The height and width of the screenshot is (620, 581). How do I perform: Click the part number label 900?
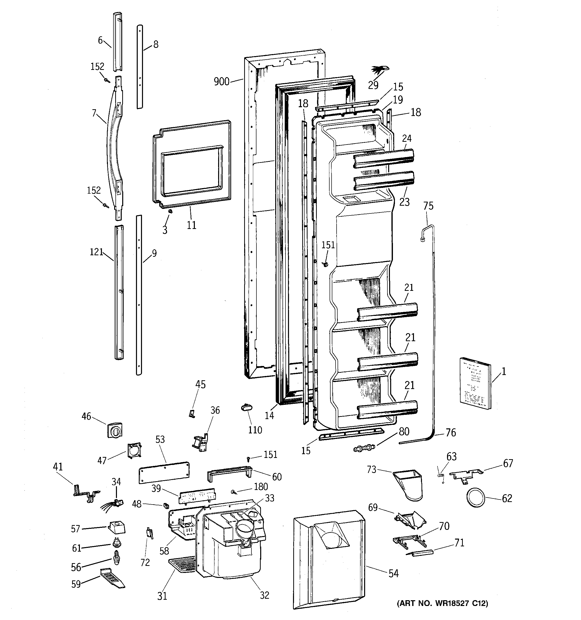click(221, 82)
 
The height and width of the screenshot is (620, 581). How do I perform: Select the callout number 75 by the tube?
click(428, 206)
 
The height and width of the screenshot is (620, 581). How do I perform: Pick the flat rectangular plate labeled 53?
click(164, 472)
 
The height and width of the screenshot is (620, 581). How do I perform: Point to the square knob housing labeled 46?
click(114, 430)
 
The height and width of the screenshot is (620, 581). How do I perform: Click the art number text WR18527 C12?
click(442, 603)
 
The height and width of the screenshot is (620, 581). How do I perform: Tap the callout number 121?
click(96, 252)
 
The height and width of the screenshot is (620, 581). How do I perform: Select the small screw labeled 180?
click(233, 492)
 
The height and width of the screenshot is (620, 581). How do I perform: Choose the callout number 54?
click(393, 573)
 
